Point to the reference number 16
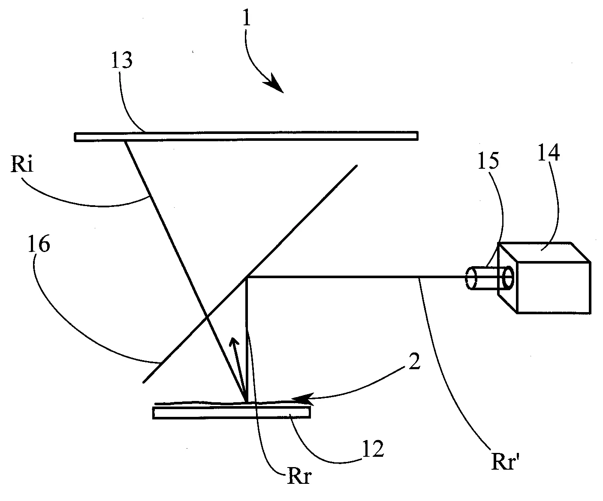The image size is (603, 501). tap(39, 245)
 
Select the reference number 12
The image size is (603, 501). tap(373, 450)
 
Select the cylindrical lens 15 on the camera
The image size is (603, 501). tap(489, 278)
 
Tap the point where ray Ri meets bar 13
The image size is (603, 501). tap(125, 141)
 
